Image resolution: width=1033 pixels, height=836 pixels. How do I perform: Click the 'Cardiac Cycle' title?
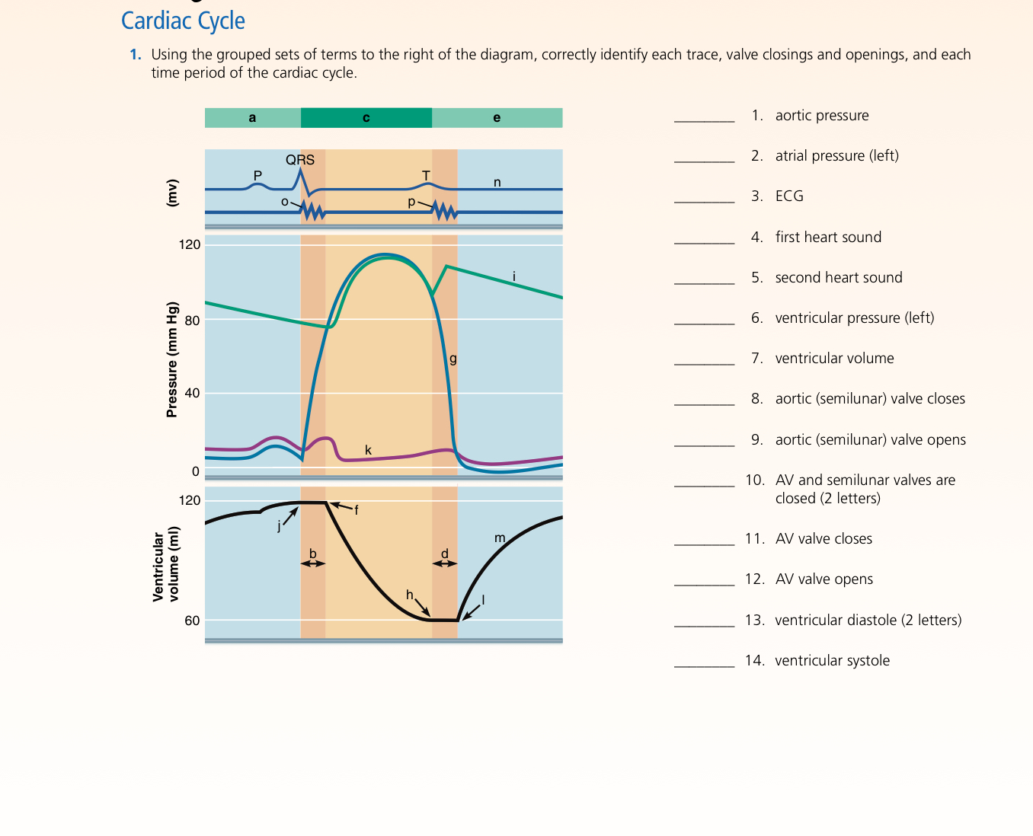(183, 21)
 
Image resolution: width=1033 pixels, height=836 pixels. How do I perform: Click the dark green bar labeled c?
(366, 118)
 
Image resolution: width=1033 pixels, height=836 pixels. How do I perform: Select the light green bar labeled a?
(252, 118)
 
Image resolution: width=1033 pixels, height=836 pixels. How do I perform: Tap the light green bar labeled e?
(497, 118)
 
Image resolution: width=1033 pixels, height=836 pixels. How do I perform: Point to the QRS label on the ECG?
(300, 160)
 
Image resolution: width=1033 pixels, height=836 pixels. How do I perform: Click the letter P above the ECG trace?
(257, 175)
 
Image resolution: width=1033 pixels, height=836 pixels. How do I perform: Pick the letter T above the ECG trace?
(426, 176)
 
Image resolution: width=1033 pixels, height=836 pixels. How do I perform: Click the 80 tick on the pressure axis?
(192, 321)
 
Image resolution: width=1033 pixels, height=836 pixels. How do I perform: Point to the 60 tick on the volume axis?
(192, 621)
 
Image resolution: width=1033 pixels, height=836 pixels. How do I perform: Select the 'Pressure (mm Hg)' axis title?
(172, 359)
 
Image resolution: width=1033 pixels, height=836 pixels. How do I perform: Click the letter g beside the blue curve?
(453, 358)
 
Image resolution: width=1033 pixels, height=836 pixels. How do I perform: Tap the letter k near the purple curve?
(368, 450)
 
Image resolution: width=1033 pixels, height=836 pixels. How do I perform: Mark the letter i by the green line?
(514, 276)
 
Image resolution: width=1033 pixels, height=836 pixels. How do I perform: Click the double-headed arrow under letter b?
(312, 563)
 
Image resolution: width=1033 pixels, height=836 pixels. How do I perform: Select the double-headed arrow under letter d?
(445, 563)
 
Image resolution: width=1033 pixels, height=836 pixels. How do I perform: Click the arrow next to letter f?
(340, 506)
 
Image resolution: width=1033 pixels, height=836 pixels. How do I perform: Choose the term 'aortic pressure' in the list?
(821, 116)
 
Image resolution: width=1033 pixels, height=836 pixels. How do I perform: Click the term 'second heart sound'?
(838, 278)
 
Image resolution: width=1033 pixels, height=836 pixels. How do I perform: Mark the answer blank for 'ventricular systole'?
(704, 661)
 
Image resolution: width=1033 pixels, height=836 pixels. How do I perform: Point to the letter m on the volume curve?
(500, 538)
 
